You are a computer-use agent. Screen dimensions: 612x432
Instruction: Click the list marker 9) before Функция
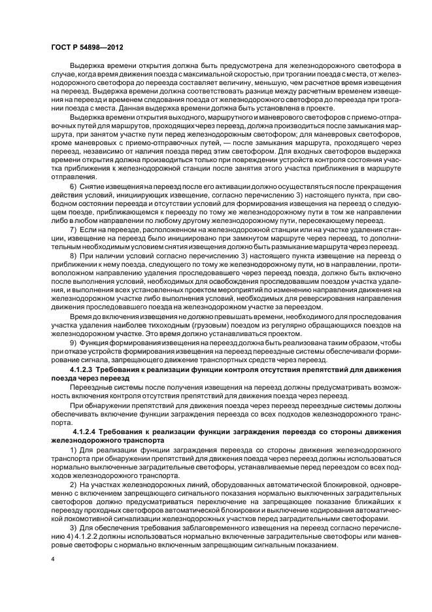pos(73,343)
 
